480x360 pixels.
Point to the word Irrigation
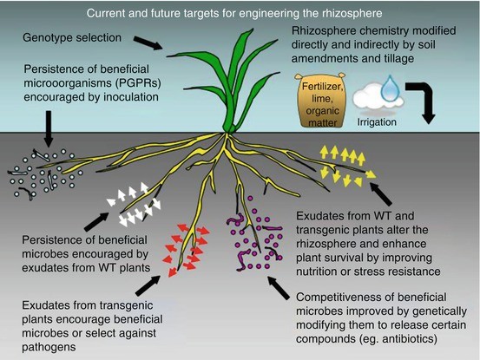[x=388, y=121]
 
